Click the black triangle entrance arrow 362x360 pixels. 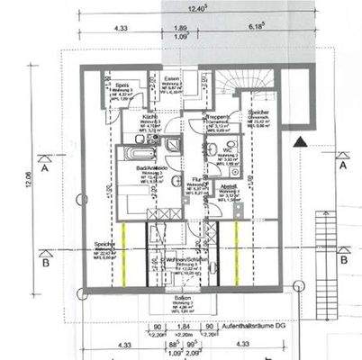pyautogui.click(x=300, y=140)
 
